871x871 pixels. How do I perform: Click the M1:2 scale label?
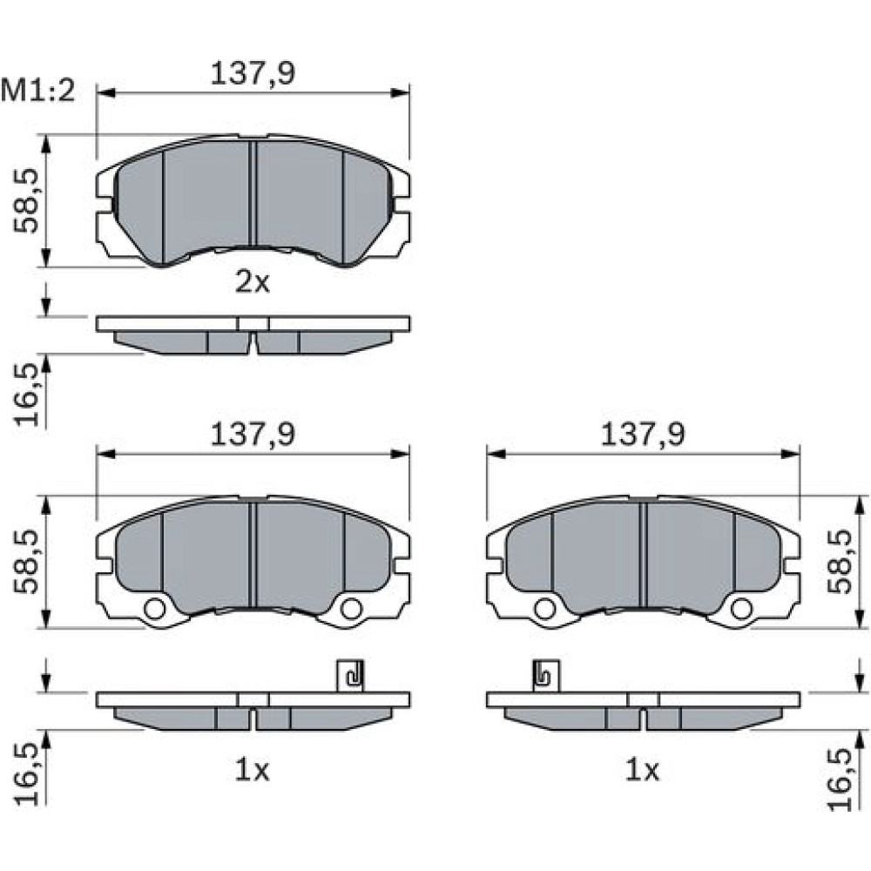(37, 91)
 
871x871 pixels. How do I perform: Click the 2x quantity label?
(253, 282)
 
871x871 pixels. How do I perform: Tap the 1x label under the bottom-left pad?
(252, 770)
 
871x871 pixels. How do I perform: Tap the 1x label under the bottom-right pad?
(642, 770)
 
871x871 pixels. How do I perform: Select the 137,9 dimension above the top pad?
(253, 73)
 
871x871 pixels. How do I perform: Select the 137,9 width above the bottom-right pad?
(643, 435)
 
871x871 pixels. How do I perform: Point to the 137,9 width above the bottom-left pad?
(253, 435)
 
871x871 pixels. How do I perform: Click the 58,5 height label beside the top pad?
(27, 200)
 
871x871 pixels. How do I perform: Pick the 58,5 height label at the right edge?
(840, 562)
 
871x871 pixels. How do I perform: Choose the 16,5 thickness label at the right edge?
(840, 779)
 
